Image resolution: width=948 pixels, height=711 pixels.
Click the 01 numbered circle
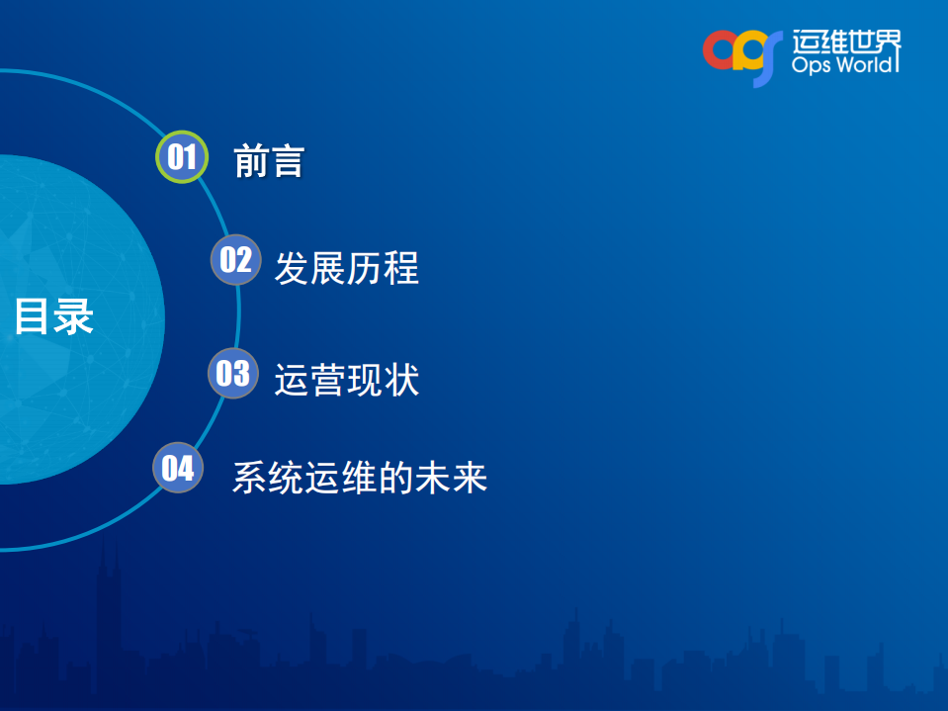coord(182,157)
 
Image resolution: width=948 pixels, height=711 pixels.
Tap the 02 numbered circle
coord(235,260)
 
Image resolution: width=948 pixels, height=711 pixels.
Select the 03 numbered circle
coord(233,373)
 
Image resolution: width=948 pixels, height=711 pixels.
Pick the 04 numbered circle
coord(178,467)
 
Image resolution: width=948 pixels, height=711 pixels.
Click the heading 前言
coord(268,160)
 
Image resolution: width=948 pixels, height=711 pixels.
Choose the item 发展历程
coord(346,268)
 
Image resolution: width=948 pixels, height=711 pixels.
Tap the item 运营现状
coord(346,381)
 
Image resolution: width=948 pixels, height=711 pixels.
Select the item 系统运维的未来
coord(360,478)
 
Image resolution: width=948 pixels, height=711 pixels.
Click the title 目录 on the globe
coord(53,317)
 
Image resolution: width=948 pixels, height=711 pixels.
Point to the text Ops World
coord(845,65)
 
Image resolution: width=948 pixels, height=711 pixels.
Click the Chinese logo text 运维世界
coord(846,41)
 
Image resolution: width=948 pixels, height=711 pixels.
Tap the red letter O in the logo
coord(719,50)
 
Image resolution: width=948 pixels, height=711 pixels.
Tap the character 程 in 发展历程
coord(401,268)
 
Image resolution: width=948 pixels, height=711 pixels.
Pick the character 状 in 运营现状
coord(401,381)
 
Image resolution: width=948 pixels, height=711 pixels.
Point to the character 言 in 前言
coord(286,160)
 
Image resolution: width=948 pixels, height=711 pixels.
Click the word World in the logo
coord(865,65)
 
